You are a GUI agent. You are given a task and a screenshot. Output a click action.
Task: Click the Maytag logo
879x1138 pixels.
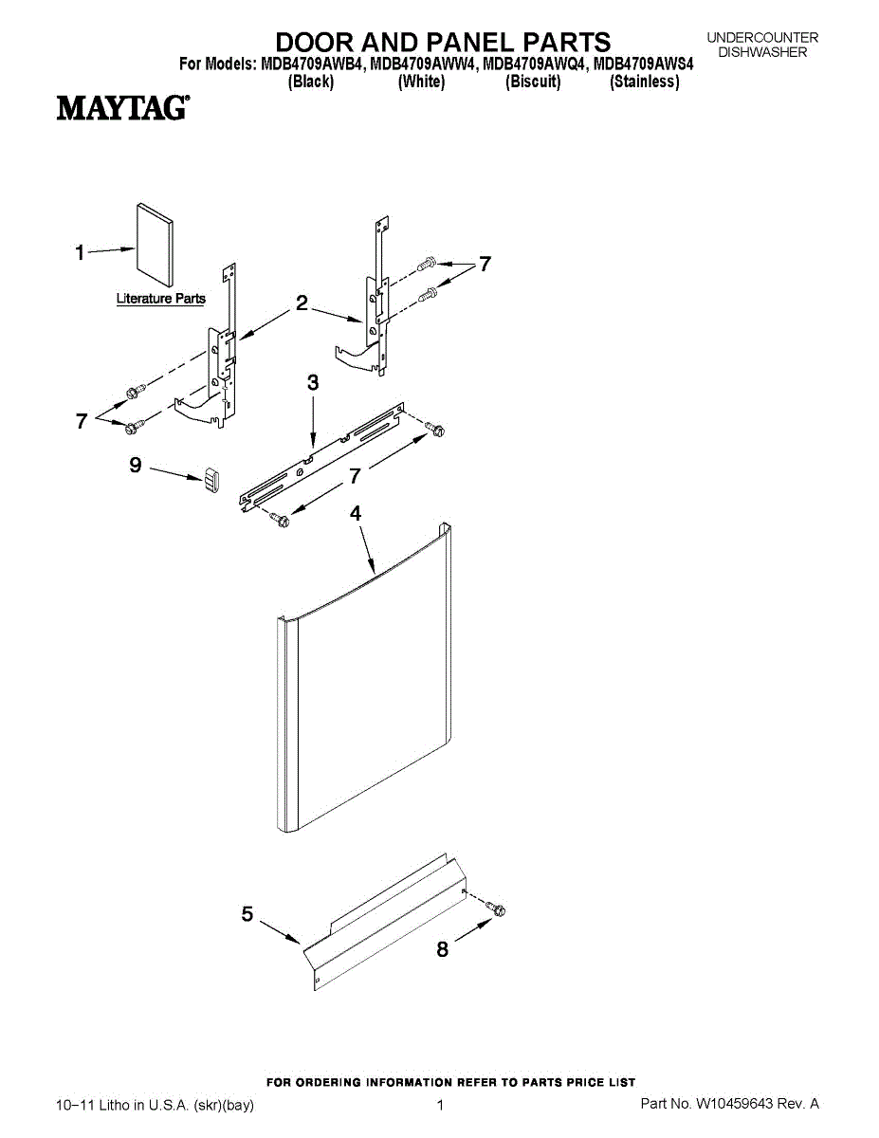pos(121,107)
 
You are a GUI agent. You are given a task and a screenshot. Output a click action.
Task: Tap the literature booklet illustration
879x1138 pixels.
pos(155,244)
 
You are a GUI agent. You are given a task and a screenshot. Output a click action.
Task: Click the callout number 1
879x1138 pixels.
pos(81,252)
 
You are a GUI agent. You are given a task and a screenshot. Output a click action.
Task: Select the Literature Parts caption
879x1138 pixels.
pos(160,299)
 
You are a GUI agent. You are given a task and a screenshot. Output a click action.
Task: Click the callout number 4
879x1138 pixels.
pos(356,513)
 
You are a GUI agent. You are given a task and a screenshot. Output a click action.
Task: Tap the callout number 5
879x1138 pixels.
pos(247,914)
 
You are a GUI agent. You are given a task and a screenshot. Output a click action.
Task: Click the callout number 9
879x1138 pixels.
pos(135,465)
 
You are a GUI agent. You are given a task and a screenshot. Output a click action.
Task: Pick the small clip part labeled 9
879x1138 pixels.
pos(211,480)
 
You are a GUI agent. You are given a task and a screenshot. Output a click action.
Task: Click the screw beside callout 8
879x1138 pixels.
pos(498,909)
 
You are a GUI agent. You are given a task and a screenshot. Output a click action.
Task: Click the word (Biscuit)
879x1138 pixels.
pos(533,83)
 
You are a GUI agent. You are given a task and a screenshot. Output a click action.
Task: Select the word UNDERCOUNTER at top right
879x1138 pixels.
pos(762,38)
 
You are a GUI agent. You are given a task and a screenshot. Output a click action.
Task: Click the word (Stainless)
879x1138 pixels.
pos(645,83)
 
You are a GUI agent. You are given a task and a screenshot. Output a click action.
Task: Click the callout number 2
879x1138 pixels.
pos(302,303)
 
